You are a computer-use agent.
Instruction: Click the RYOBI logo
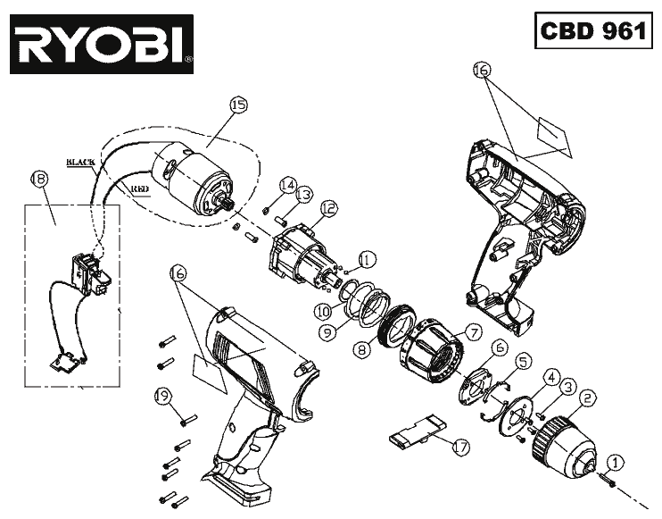pyautogui.click(x=102, y=44)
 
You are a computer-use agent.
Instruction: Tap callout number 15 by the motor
pyautogui.click(x=237, y=105)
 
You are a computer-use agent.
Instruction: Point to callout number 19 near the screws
pyautogui.click(x=161, y=395)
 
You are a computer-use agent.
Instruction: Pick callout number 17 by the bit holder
pyautogui.click(x=460, y=443)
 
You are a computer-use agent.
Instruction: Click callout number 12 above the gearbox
pyautogui.click(x=328, y=208)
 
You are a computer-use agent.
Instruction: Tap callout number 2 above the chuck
pyautogui.click(x=586, y=397)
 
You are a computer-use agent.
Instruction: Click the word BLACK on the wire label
pyautogui.click(x=79, y=162)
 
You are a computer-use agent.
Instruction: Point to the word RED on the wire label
pyautogui.click(x=139, y=189)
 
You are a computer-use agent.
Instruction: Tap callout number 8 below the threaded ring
pyautogui.click(x=362, y=351)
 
